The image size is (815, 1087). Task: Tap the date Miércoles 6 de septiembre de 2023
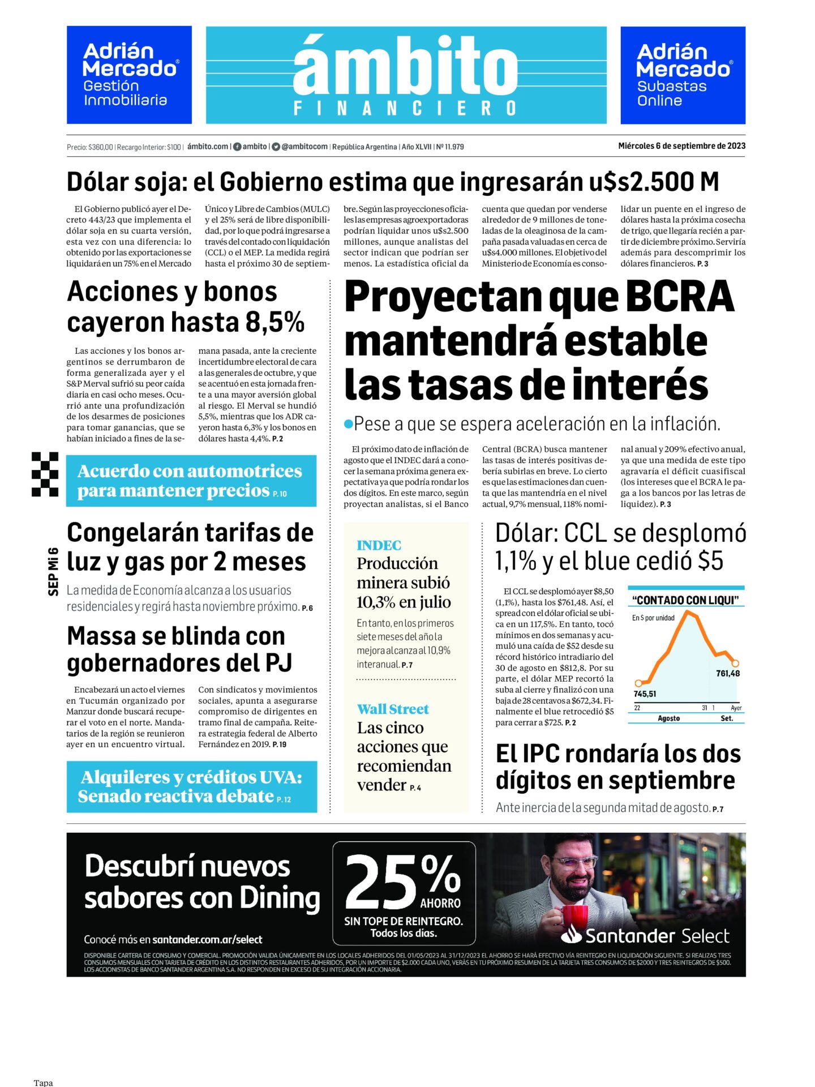click(x=681, y=146)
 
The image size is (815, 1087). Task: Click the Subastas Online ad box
click(x=683, y=75)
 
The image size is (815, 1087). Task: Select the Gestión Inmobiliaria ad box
click(x=129, y=75)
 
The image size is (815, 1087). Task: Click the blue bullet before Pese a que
click(x=349, y=423)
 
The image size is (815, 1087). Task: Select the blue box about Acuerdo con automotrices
click(x=191, y=481)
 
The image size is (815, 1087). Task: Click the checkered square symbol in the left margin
click(x=45, y=474)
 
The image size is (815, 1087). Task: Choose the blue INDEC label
click(x=379, y=545)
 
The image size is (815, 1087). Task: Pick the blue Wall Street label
click(x=393, y=709)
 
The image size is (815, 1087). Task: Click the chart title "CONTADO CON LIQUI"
click(x=685, y=600)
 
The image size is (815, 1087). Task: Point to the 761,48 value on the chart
click(x=727, y=673)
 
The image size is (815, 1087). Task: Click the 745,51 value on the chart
click(x=645, y=694)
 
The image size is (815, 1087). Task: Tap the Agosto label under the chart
click(x=668, y=718)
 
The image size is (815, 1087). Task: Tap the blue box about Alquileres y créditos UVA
click(x=191, y=787)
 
